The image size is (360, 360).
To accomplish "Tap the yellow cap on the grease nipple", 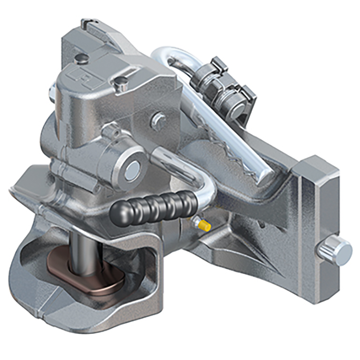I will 204,225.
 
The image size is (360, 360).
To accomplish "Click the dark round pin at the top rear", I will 81,58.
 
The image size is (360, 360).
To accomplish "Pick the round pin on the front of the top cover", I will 121,82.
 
